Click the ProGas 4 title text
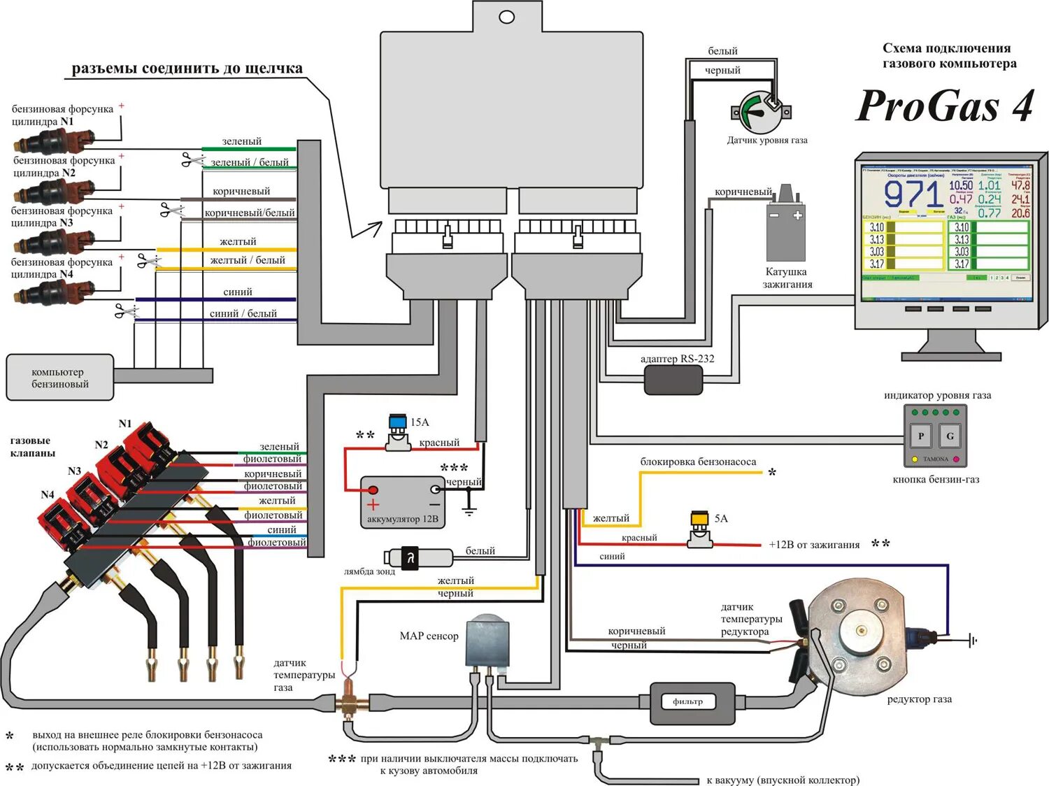pyautogui.click(x=945, y=106)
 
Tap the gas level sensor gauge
pyautogui.click(x=761, y=111)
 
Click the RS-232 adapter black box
pyautogui.click(x=673, y=380)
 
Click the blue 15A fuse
pyautogui.click(x=398, y=422)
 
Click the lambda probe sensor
pyautogui.click(x=418, y=557)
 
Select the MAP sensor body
pyautogui.click(x=488, y=641)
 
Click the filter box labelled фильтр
pyautogui.click(x=692, y=702)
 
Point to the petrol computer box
pyautogui.click(x=60, y=378)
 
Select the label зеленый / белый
pyautogui.click(x=250, y=162)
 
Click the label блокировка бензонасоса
pyautogui.click(x=698, y=462)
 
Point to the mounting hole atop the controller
pyautogui.click(x=507, y=17)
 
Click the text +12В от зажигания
pyautogui.click(x=814, y=545)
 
